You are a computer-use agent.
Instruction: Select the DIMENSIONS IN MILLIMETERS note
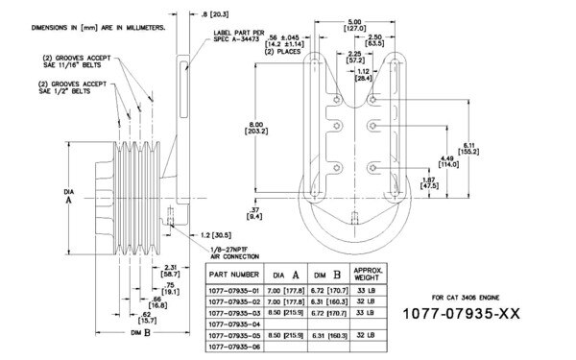coord(88,27)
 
